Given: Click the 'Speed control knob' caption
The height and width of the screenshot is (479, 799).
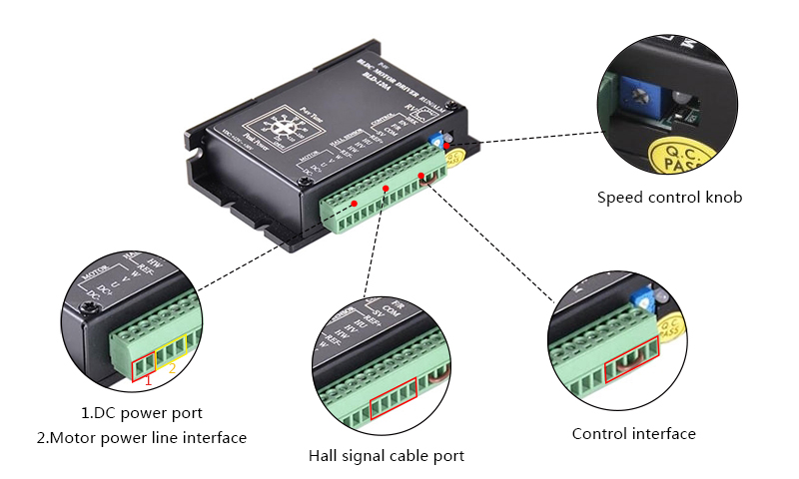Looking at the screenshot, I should pyautogui.click(x=669, y=198).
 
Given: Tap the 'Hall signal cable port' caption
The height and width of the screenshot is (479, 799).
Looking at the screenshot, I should pyautogui.click(x=386, y=456).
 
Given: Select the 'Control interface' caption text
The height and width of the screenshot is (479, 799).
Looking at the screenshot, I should pyautogui.click(x=633, y=433).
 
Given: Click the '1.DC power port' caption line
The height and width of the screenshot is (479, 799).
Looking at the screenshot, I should pyautogui.click(x=142, y=412).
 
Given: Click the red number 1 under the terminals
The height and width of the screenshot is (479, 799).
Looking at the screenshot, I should pyautogui.click(x=149, y=380).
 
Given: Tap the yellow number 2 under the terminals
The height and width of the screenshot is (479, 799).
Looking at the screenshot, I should pyautogui.click(x=172, y=368).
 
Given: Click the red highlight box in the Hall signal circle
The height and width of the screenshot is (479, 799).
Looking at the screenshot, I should pyautogui.click(x=392, y=404).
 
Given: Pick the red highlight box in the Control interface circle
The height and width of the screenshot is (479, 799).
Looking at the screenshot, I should pyautogui.click(x=632, y=361).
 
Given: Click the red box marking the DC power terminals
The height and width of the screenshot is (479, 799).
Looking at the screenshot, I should pyautogui.click(x=144, y=364).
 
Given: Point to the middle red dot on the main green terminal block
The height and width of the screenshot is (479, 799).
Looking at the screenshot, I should pyautogui.click(x=386, y=188).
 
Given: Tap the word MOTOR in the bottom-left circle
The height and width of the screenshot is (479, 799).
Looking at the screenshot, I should pyautogui.click(x=96, y=271).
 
